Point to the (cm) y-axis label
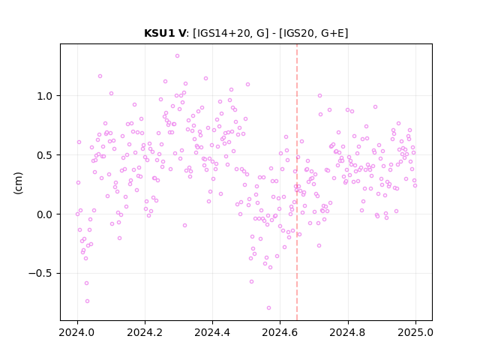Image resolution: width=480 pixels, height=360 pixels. [18, 183]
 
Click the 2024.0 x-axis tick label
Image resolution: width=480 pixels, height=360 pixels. [76, 332]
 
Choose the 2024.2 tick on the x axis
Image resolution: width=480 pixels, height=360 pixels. [145, 332]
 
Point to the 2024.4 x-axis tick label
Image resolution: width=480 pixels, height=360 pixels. [212, 332]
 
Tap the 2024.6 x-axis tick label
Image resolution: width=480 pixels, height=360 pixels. [280, 332]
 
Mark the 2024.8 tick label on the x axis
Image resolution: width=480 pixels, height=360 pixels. [348, 332]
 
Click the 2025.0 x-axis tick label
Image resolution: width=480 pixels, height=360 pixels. [415, 332]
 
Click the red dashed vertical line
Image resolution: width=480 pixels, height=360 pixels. [297, 182]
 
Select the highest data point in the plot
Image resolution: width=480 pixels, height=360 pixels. [177, 56]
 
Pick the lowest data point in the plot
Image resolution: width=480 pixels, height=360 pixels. [268, 308]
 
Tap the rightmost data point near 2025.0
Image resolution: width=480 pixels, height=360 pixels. [415, 185]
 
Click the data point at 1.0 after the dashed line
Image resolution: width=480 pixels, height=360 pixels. [320, 96]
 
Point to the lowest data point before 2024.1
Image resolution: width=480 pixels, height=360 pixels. [87, 301]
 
